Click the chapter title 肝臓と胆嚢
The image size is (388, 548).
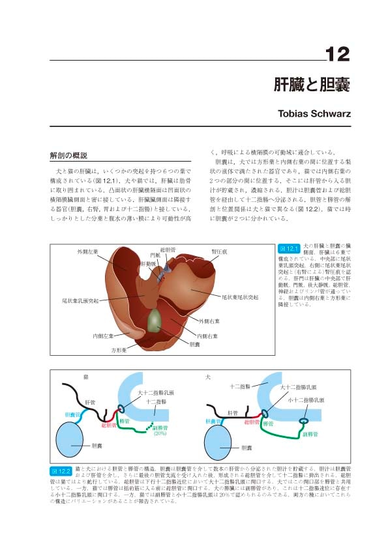pos(311,85)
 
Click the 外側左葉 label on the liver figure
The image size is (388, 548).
pos(86,250)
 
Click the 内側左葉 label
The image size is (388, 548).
pos(102,336)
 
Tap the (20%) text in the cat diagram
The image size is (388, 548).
pos(160,434)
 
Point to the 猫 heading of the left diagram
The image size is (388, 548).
pos(85,377)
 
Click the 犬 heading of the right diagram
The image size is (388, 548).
pos(207,377)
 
